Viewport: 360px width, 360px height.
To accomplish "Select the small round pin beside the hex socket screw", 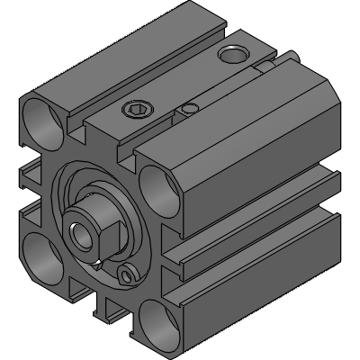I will coord(188,110).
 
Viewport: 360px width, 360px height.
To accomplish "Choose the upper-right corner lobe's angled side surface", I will coord(261,162).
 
